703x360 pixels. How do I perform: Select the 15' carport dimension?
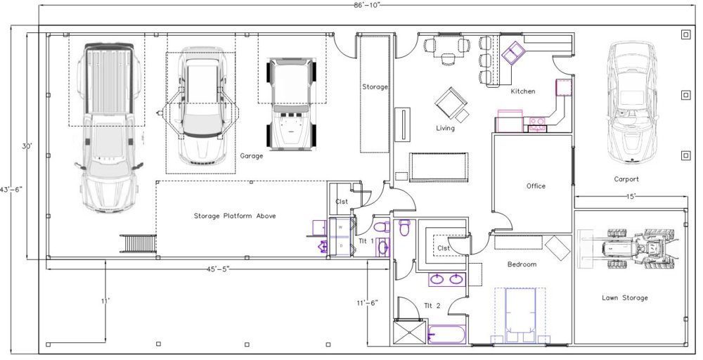pos(631,196)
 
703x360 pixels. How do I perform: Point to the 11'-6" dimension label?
pos(367,302)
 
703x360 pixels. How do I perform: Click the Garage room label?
pos(252,156)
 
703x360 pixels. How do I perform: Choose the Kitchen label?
pos(523,91)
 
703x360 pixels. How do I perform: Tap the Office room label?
pos(536,186)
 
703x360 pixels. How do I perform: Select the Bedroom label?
pos(522,264)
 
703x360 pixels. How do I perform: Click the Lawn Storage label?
pos(624,297)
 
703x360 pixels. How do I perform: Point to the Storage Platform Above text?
pos(235,216)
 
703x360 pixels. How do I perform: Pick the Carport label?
pos(626,179)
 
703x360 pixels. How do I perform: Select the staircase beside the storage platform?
pos(138,243)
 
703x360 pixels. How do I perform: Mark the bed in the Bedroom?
pos(520,316)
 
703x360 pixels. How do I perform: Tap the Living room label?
pos(445,128)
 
